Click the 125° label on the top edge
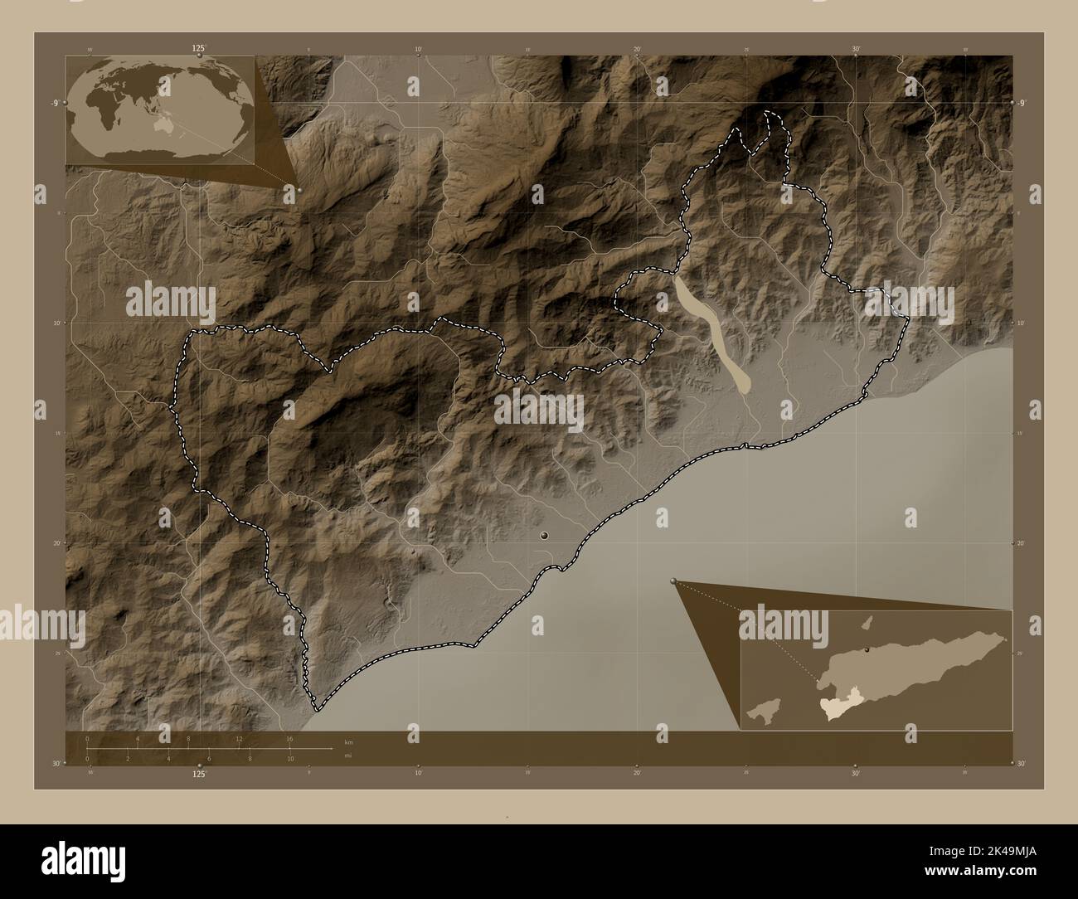(x=198, y=49)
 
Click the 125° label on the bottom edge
(x=198, y=774)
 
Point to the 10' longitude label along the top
(x=419, y=50)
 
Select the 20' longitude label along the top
(x=637, y=50)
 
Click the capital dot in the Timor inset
(x=866, y=650)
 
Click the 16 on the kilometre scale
(x=289, y=738)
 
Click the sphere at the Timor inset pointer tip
(x=673, y=582)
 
